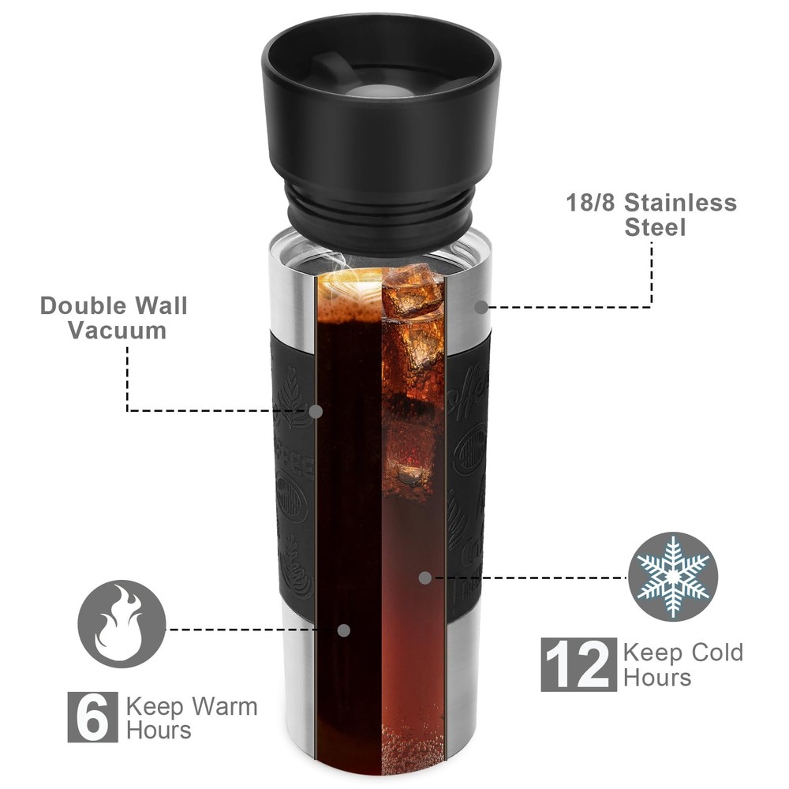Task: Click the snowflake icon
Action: tap(673, 577)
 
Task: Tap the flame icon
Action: tap(122, 624)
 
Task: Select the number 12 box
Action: tap(578, 664)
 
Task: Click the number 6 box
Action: tap(92, 717)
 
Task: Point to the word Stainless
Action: tap(680, 203)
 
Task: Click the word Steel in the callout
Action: tap(655, 227)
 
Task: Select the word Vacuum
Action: tap(118, 331)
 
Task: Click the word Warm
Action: tap(224, 706)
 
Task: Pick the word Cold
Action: tap(717, 653)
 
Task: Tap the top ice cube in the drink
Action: tap(413, 292)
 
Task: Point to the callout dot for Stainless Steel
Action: tap(481, 307)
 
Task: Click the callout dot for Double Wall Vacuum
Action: tap(316, 412)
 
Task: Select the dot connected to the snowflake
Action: tap(425, 578)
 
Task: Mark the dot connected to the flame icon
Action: tap(344, 630)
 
